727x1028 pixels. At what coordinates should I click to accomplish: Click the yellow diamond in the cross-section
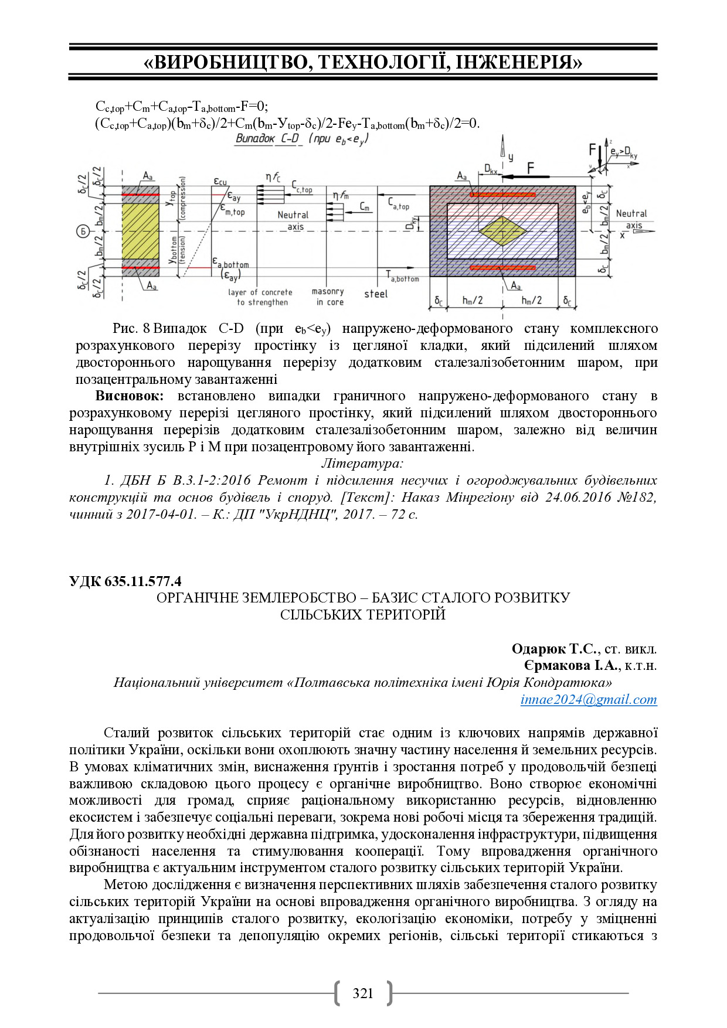coord(502,231)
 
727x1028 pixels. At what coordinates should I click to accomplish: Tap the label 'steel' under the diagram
coord(376,294)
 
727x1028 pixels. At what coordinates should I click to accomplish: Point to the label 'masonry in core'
coord(328,297)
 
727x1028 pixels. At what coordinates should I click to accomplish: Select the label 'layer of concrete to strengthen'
coord(260,297)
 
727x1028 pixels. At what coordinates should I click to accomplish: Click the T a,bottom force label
coord(402,276)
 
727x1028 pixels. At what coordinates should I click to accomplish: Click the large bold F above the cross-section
coord(531,169)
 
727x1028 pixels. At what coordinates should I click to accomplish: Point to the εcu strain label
coord(220,182)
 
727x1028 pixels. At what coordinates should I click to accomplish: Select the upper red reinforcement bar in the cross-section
coord(502,194)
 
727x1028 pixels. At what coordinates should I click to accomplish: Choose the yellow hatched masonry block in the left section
coord(141,231)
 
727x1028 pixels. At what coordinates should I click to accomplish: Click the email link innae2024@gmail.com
coord(589,699)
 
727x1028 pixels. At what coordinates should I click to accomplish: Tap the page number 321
coord(363,993)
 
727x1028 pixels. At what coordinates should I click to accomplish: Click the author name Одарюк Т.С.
coord(554,649)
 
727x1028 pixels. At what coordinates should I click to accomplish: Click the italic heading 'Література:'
coord(362,463)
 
